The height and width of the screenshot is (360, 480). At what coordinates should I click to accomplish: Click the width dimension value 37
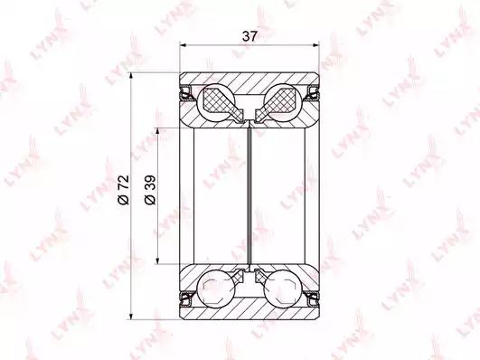pyautogui.click(x=249, y=36)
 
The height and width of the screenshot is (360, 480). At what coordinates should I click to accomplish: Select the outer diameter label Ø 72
pyautogui.click(x=124, y=190)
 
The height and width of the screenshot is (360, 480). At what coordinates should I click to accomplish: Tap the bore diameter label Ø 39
pyautogui.click(x=150, y=190)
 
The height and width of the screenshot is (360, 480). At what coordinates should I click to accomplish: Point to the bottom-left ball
pyautogui.click(x=216, y=288)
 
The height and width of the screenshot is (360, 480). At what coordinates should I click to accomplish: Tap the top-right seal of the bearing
pyautogui.click(x=313, y=93)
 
